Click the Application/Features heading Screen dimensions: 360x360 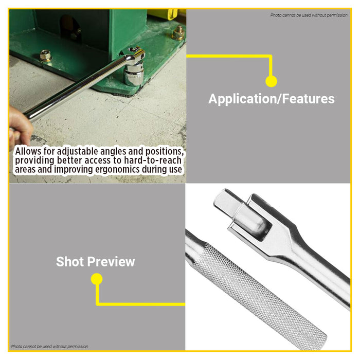271,99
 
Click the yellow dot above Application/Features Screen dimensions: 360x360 271,81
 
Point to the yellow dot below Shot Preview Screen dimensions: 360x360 96,279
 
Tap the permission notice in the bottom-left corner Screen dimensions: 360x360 49,347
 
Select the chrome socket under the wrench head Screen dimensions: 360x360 134,76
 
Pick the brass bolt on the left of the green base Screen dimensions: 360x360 46,55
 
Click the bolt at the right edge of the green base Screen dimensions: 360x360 179,33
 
